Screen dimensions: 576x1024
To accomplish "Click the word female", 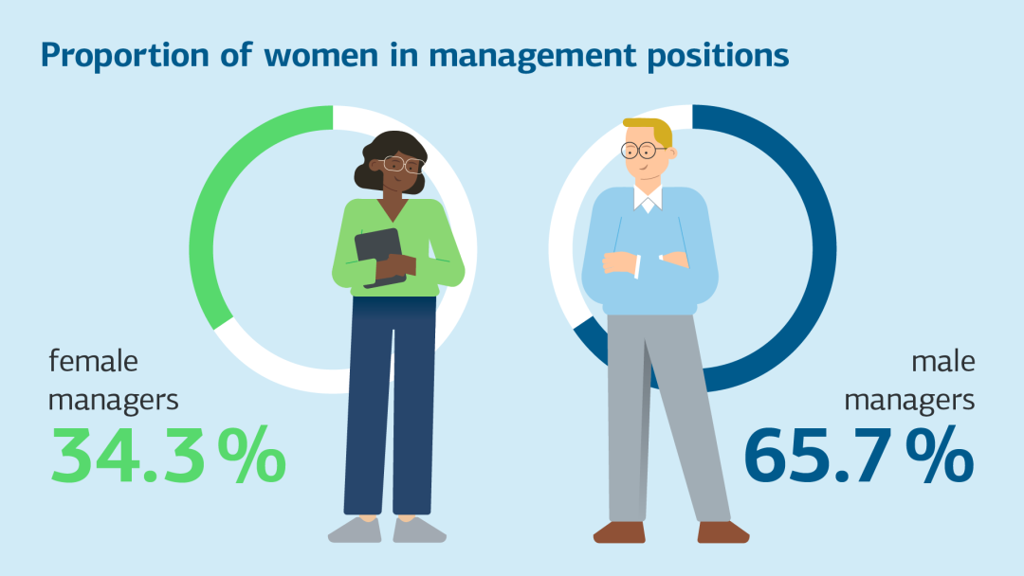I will pyautogui.click(x=93, y=361).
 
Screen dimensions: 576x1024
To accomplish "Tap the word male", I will pyautogui.click(x=942, y=361).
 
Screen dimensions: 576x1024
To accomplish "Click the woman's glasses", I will pyautogui.click(x=403, y=164).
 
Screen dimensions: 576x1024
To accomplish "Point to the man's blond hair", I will pyautogui.click(x=654, y=130).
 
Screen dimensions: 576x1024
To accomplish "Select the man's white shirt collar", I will pyautogui.click(x=649, y=202).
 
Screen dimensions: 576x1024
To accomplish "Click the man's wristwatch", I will pyautogui.click(x=662, y=257).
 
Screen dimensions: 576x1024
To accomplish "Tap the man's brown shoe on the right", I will pyautogui.click(x=723, y=531).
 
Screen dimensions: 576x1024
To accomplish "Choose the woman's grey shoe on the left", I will pyautogui.click(x=355, y=530).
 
